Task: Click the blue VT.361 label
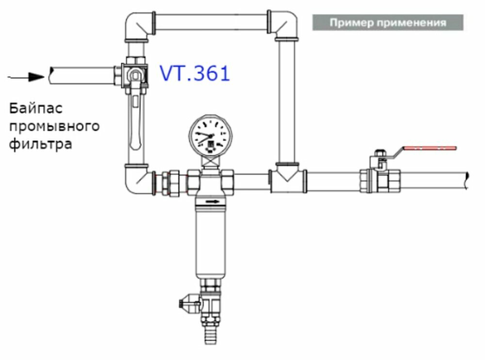click(195, 74)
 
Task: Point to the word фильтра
click(41, 144)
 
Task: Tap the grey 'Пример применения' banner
click(388, 22)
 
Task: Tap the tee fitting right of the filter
click(287, 180)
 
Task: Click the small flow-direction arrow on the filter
click(211, 200)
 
